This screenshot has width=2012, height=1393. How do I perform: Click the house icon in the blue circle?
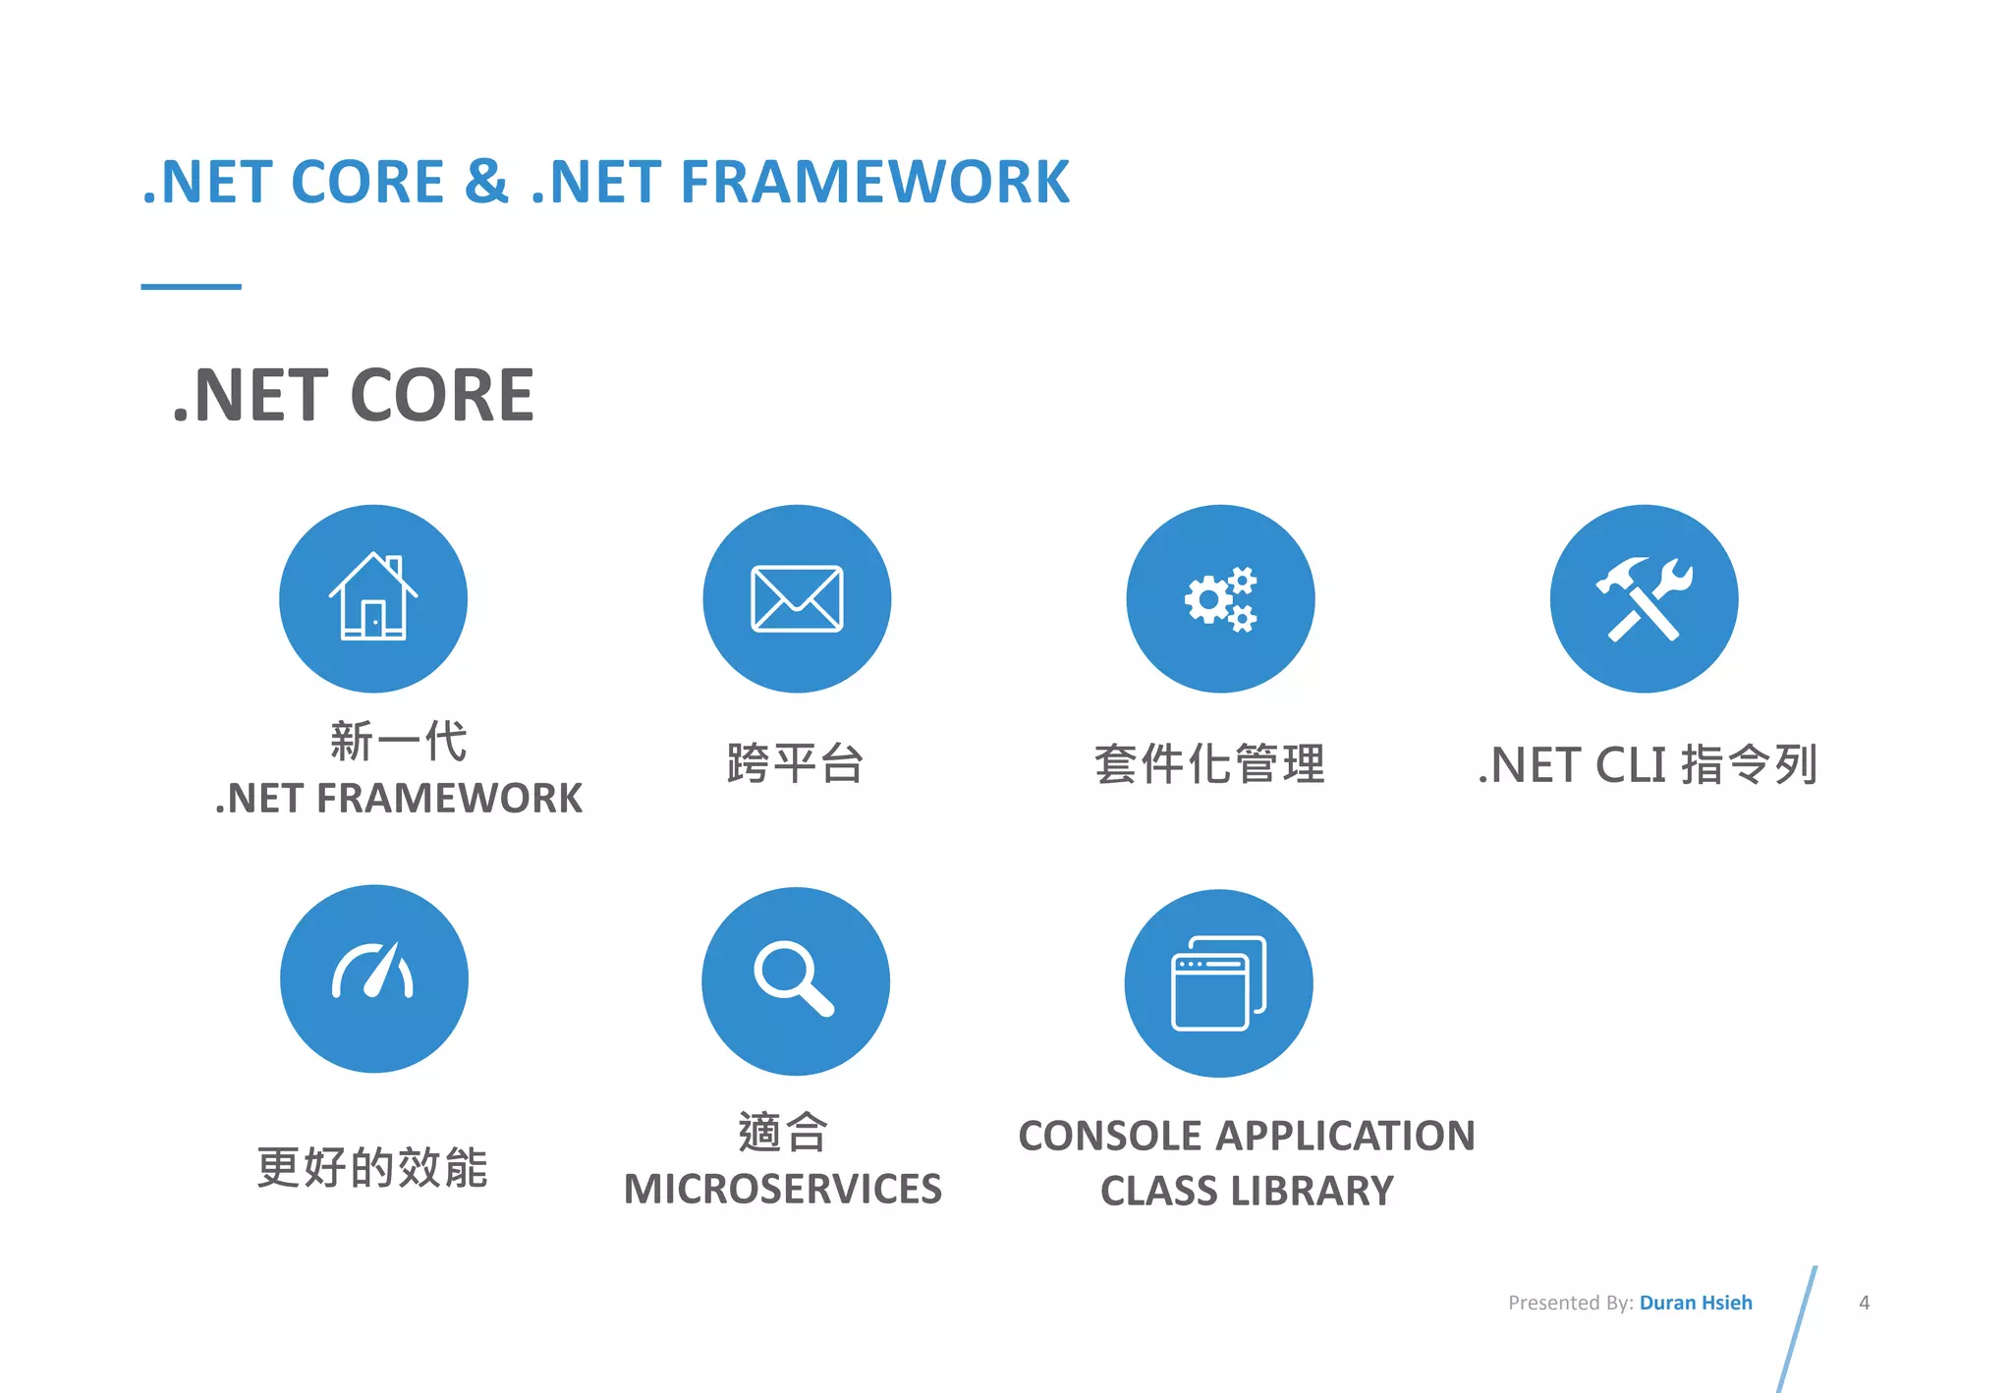(x=373, y=598)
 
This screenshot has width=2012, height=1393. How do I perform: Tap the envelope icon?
(x=797, y=598)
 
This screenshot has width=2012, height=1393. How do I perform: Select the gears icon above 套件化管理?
(x=1220, y=598)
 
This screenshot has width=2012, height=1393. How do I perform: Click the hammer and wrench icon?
(x=1644, y=598)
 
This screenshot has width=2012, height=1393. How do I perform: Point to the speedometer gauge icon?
(x=373, y=973)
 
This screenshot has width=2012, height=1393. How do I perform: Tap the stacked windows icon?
(x=1218, y=983)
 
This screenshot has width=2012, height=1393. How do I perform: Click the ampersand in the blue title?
(x=486, y=182)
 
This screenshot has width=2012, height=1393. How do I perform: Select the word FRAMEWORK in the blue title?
(x=874, y=183)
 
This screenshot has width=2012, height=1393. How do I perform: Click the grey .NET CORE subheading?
(x=354, y=395)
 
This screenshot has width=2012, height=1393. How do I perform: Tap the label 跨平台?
(x=795, y=764)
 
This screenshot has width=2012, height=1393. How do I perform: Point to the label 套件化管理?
(x=1209, y=764)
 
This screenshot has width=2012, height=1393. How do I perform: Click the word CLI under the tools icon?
(x=1631, y=765)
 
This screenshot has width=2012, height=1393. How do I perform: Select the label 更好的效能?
(x=372, y=1167)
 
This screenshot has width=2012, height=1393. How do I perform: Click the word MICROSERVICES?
(x=783, y=1189)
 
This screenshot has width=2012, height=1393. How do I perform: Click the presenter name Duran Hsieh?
(x=1696, y=1303)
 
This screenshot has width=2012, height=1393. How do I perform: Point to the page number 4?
(x=1864, y=1303)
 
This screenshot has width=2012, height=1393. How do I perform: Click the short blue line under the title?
(x=191, y=287)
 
